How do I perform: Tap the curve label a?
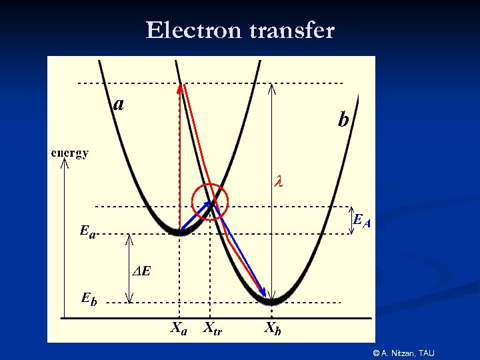tap(119, 103)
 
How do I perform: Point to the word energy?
tap(70, 153)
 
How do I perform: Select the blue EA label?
tap(361, 220)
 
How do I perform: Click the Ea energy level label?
tap(87, 231)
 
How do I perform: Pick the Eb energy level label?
tap(89, 298)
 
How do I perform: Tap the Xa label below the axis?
tap(179, 328)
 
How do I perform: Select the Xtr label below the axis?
tap(213, 328)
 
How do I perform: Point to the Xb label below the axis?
tap(273, 328)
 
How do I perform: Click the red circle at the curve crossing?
tap(210, 201)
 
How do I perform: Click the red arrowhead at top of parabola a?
tap(180, 87)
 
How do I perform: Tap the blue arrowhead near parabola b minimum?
tap(262, 293)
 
